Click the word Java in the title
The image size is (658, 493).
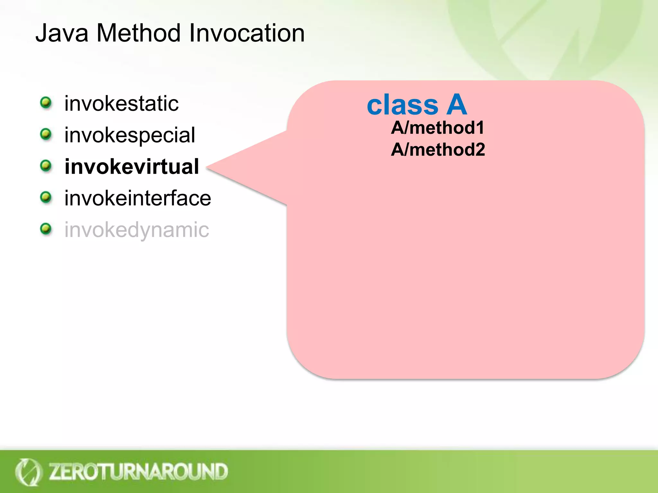tap(62, 33)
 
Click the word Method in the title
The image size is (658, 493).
tap(138, 33)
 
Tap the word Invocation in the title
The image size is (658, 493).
tap(247, 33)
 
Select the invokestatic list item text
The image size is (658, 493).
tap(121, 104)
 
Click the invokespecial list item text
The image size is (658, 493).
tap(129, 135)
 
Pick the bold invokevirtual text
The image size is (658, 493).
tap(132, 167)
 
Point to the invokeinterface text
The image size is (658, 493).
tap(138, 198)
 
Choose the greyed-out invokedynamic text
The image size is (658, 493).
tap(137, 230)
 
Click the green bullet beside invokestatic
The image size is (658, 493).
tap(46, 103)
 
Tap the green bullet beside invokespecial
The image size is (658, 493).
tap(46, 134)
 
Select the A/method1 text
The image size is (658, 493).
tap(438, 128)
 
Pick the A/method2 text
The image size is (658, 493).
tap(438, 150)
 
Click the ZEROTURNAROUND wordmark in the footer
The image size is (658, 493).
tap(138, 471)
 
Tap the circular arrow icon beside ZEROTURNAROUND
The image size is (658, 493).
tap(28, 472)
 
